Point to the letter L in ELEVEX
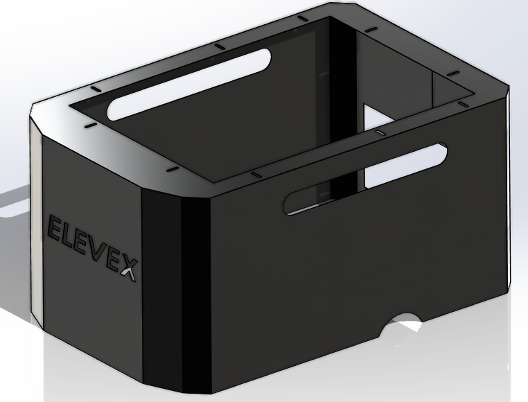(67, 234)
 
